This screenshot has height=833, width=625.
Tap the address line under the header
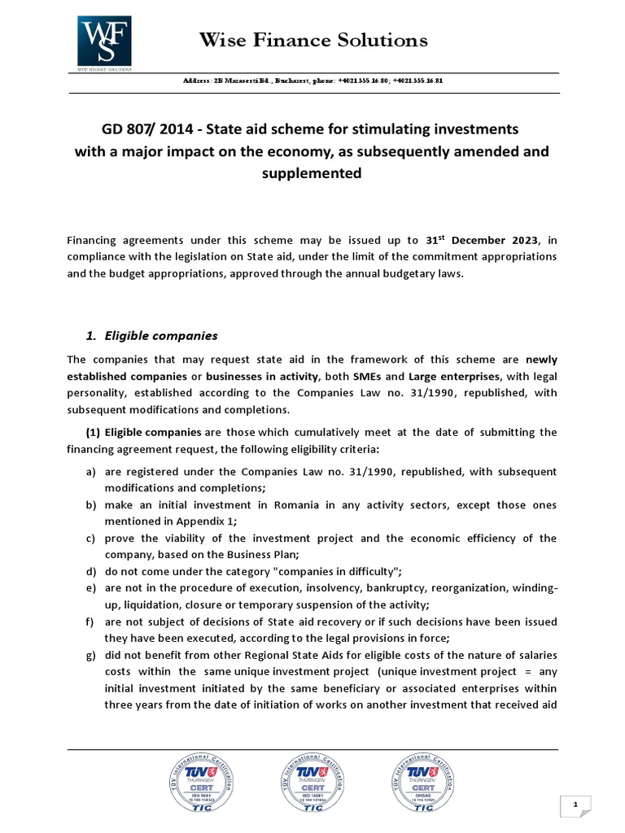313,82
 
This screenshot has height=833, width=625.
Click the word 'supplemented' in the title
312,173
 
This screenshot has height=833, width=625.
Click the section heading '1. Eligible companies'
152,336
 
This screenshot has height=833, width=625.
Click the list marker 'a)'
90,472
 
